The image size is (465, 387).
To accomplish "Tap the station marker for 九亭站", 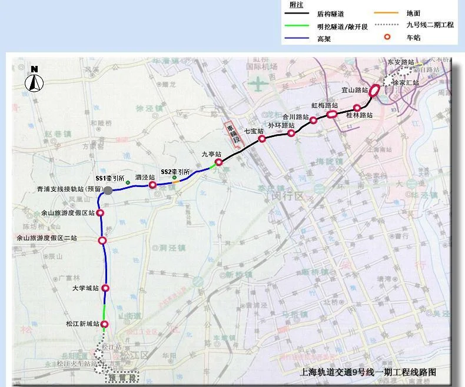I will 218,162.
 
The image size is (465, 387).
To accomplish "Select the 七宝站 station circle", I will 263,139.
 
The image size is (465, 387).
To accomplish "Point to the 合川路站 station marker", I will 291,134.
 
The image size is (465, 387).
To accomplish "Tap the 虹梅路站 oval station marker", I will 332,114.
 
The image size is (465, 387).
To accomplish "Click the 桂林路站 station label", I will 360,116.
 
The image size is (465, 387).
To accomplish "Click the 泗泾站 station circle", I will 152,185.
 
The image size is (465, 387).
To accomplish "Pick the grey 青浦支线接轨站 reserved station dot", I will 108,189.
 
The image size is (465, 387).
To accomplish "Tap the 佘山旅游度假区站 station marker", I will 101,213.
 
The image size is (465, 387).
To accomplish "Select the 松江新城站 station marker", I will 105,324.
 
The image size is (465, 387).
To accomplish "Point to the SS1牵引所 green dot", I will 128,182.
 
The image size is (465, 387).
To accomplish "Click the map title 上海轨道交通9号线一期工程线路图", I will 368,372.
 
